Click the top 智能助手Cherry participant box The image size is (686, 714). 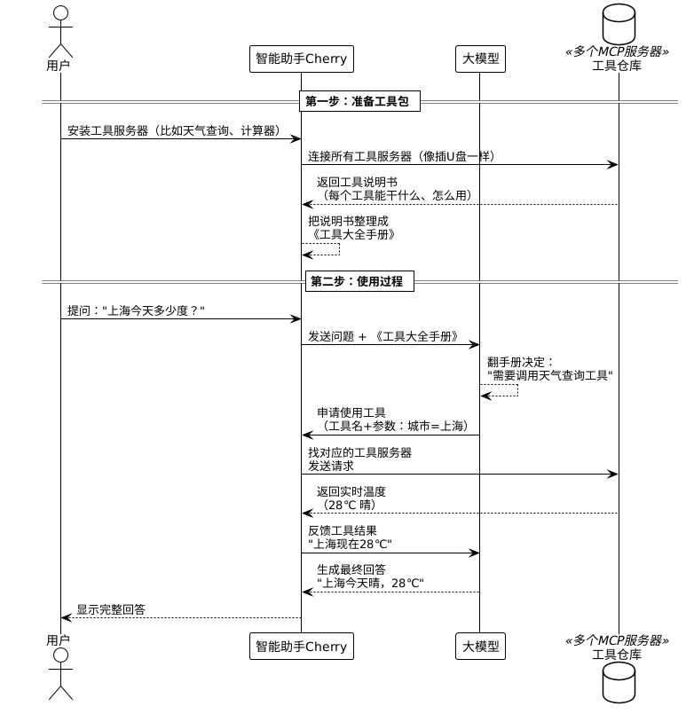(x=302, y=59)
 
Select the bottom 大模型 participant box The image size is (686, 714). (x=480, y=646)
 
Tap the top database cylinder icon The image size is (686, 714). (x=619, y=24)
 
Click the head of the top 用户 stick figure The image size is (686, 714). (x=60, y=12)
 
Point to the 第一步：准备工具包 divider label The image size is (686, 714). (x=359, y=101)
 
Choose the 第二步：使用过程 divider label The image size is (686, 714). (x=359, y=281)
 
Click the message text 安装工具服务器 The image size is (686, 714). (x=108, y=130)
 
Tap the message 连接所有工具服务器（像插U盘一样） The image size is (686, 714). (x=401, y=157)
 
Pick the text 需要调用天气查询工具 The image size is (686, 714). (x=550, y=375)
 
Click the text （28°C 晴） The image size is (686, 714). (x=350, y=505)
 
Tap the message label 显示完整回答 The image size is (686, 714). (x=111, y=609)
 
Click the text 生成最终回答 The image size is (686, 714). (x=351, y=569)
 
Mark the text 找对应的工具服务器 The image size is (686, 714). (x=359, y=452)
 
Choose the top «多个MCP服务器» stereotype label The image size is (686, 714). (x=617, y=51)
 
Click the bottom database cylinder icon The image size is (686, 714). (x=619, y=683)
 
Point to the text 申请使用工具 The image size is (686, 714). (x=351, y=413)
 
